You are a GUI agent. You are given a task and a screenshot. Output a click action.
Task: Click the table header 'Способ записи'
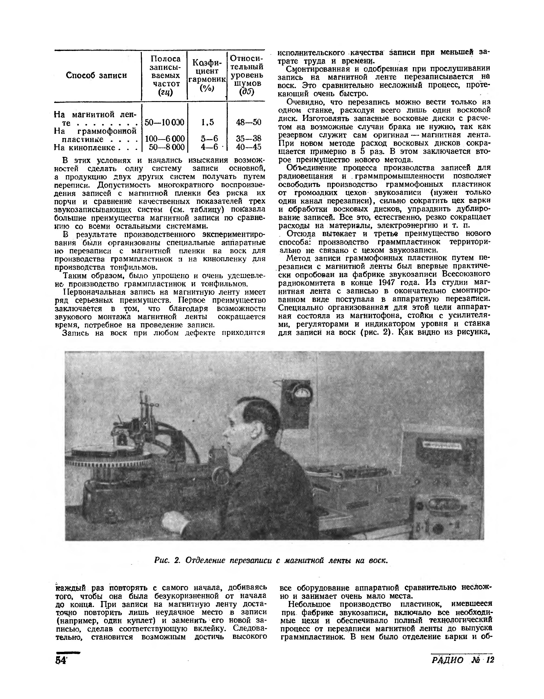(x=96, y=75)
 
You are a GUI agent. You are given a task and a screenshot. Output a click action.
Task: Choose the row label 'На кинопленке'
(x=84, y=147)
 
